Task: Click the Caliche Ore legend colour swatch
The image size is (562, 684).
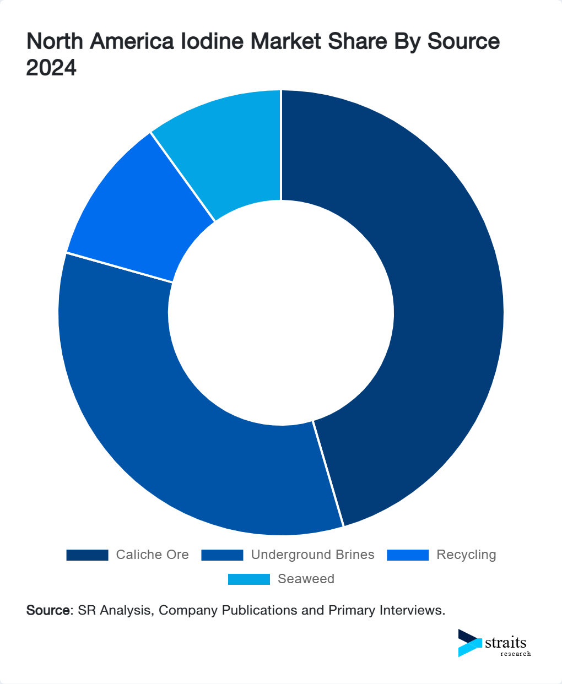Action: pos(87,555)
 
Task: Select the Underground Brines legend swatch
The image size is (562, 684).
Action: pos(222,555)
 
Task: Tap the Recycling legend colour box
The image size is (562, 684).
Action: pos(408,555)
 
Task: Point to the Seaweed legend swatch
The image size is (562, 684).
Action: pos(249,579)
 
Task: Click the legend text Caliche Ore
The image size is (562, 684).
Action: pos(152,555)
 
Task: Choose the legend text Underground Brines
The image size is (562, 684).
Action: pos(312,555)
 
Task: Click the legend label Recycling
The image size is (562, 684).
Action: pos(466,555)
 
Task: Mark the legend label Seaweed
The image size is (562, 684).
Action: pos(306,579)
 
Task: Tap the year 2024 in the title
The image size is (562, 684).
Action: pos(51,68)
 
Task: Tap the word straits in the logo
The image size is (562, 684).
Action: pos(506,643)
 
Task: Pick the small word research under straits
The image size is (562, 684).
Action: pos(516,654)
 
